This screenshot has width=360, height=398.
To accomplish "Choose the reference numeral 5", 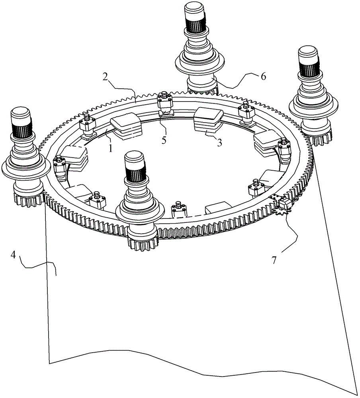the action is click(x=164, y=140).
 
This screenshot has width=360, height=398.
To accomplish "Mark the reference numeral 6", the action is click(x=263, y=76).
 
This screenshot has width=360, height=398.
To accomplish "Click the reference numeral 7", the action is click(x=274, y=260).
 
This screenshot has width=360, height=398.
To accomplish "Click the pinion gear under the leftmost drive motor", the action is click(x=29, y=200).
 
